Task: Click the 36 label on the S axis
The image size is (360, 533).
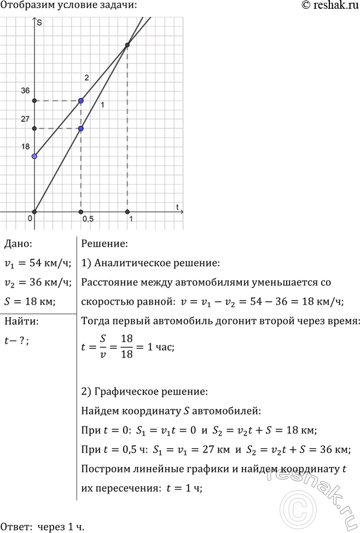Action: (25, 91)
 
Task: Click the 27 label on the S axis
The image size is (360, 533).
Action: (25, 119)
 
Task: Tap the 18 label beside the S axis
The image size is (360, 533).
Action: (25, 147)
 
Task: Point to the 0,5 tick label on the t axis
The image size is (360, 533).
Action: (88, 219)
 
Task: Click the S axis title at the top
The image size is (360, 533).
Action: (40, 22)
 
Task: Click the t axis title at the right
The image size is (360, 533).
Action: (178, 206)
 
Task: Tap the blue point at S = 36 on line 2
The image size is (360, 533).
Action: (81, 101)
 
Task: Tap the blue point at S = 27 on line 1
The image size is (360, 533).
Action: (81, 128)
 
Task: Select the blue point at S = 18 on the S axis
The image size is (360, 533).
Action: (34, 156)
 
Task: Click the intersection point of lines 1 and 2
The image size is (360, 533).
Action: (127, 45)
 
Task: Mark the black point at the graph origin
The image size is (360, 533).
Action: (34, 212)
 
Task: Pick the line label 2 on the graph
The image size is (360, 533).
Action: (86, 78)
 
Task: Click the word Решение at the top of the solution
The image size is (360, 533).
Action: (104, 244)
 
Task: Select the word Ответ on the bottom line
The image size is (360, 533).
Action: (16, 527)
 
